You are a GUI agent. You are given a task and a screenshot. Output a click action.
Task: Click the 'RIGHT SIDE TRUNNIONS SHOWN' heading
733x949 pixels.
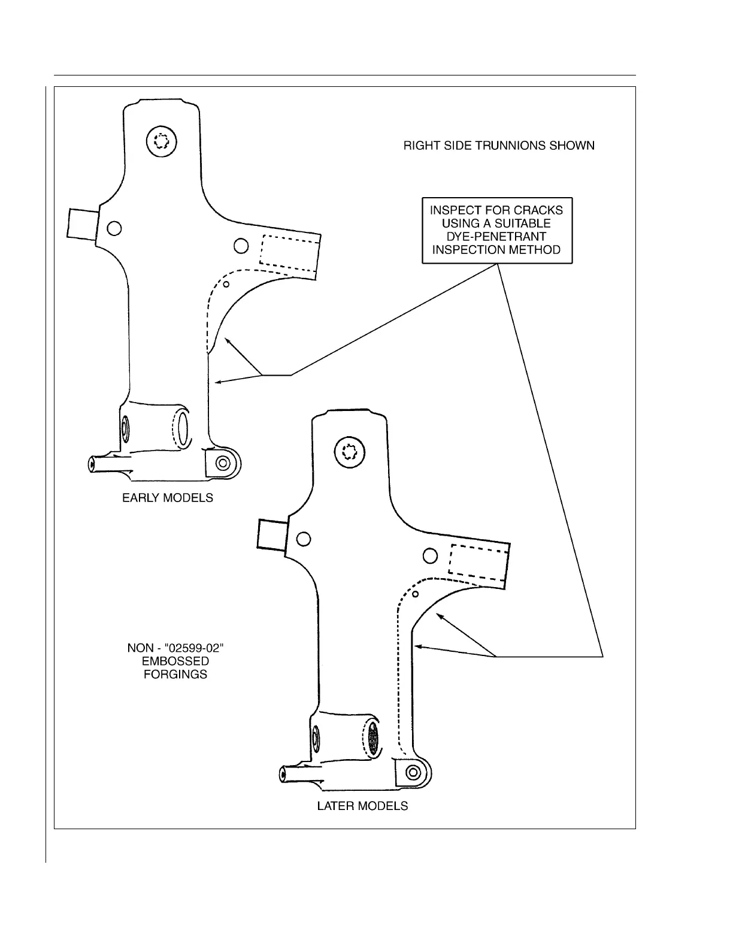click(499, 146)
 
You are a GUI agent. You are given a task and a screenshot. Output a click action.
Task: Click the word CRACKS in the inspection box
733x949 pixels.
click(538, 210)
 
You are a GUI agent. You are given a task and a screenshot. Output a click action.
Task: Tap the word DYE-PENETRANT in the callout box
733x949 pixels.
click(496, 237)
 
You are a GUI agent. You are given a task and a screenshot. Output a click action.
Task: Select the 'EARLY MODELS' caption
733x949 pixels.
click(168, 498)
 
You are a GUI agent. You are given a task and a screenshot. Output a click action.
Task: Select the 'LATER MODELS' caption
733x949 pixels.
click(362, 806)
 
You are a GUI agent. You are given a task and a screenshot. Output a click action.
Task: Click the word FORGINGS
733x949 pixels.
click(175, 675)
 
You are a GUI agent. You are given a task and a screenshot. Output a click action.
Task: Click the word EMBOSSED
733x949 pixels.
click(175, 661)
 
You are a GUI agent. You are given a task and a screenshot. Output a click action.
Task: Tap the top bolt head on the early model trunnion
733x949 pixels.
click(162, 143)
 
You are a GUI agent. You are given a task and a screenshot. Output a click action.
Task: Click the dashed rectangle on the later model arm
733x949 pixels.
click(479, 563)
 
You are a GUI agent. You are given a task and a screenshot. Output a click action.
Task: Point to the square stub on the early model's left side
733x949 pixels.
click(81, 224)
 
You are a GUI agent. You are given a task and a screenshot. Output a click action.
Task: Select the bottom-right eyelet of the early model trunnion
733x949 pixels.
click(224, 463)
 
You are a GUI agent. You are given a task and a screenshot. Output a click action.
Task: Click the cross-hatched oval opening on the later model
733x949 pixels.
click(374, 738)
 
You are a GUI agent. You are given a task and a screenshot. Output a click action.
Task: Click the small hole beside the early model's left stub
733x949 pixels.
click(114, 228)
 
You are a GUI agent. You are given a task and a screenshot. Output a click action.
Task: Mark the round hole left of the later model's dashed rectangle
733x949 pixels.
click(430, 556)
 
